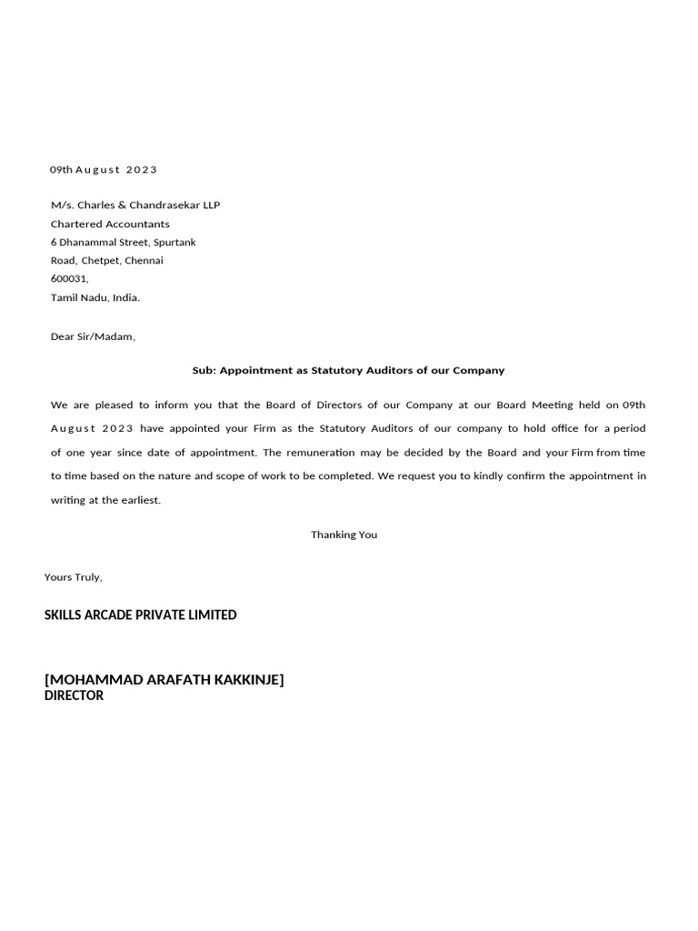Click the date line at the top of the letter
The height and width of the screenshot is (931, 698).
(104, 170)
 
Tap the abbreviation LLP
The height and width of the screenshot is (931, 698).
(210, 205)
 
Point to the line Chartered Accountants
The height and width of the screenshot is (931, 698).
(110, 224)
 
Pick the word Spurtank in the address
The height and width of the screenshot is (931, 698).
(174, 243)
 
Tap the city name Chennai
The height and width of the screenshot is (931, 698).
(144, 261)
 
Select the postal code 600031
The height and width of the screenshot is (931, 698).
(69, 279)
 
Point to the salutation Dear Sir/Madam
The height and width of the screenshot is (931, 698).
(93, 337)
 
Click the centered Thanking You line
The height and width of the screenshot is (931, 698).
(344, 535)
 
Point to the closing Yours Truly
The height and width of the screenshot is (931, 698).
(74, 577)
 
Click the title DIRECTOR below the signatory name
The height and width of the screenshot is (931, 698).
(74, 696)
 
